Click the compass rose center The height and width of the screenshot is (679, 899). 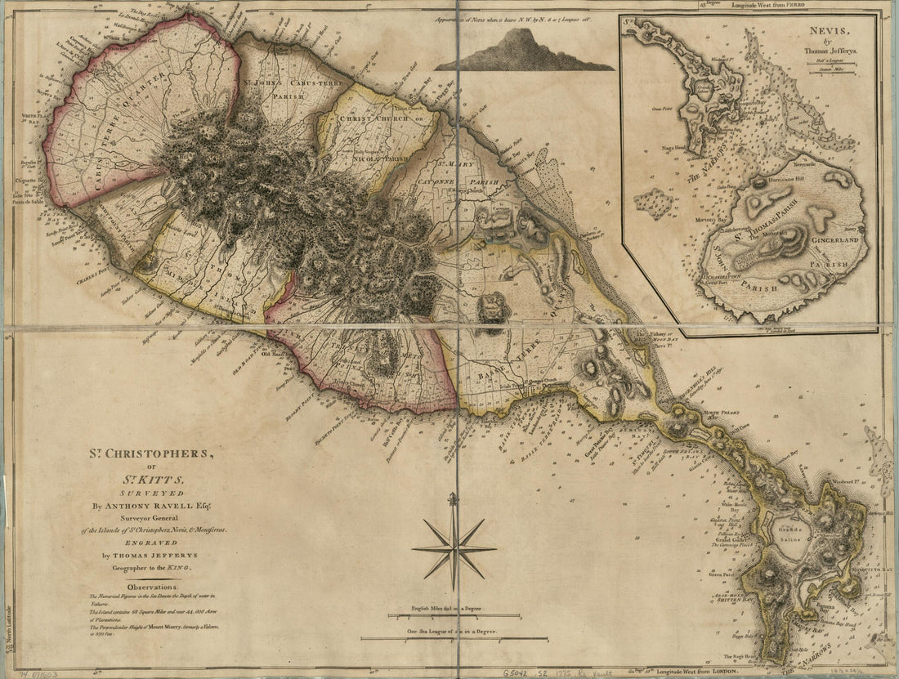click(454, 548)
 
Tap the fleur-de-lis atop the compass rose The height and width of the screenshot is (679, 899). click(454, 498)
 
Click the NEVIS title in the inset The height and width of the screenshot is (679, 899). click(825, 35)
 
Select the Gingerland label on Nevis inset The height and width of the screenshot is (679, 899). click(834, 241)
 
